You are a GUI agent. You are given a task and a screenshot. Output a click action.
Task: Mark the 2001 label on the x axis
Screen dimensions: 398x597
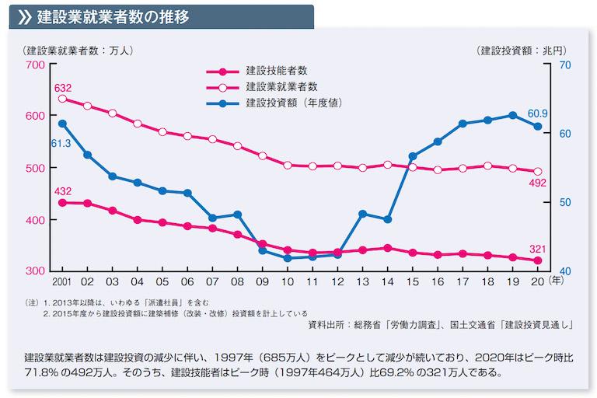[x=62, y=281]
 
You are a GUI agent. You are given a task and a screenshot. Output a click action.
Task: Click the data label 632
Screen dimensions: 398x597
[x=62, y=87]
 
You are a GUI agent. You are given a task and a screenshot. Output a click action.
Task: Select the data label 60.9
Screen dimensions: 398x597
[x=537, y=113]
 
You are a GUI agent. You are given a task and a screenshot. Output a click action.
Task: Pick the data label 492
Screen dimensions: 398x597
[x=537, y=183]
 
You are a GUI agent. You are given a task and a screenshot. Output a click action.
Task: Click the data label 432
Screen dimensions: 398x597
[x=62, y=191]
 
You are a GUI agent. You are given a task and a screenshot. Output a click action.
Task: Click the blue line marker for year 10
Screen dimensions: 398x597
[x=288, y=258]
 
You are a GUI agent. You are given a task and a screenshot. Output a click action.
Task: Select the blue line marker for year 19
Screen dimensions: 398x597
[x=512, y=115]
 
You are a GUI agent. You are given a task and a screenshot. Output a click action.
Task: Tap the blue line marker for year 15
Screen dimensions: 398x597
[x=412, y=156]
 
